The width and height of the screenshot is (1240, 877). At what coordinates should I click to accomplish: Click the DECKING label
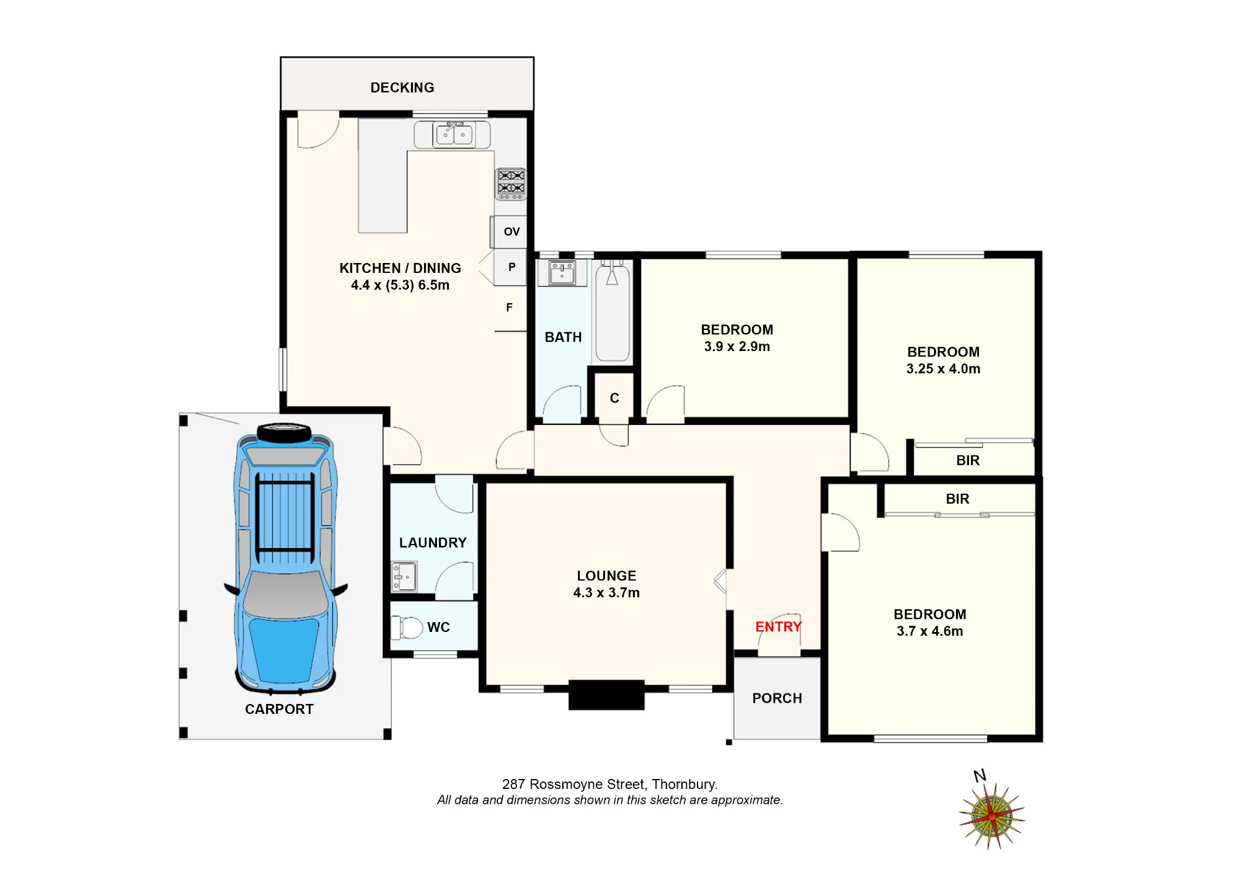click(x=402, y=87)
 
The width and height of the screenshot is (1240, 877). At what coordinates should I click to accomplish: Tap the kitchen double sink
click(x=453, y=135)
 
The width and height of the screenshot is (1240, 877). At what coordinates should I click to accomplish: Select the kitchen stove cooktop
click(x=511, y=184)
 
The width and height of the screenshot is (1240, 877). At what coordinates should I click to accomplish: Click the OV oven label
click(x=511, y=231)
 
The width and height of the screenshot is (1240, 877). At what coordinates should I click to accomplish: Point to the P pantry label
click(x=511, y=267)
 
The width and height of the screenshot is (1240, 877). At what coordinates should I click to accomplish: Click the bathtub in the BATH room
click(x=612, y=311)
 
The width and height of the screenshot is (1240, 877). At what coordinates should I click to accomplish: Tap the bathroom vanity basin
click(x=562, y=273)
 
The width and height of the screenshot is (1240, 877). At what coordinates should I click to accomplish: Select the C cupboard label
click(x=614, y=398)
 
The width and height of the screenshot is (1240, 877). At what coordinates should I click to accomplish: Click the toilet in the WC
click(x=407, y=627)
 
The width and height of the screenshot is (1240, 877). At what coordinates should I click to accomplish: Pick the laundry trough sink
click(x=404, y=577)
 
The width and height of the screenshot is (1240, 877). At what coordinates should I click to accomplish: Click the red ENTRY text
click(x=778, y=626)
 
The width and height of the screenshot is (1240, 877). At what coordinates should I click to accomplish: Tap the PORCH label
click(x=777, y=698)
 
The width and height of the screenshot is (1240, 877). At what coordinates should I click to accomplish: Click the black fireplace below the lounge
click(x=606, y=695)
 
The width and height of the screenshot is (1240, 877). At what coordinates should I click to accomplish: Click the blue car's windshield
click(x=285, y=594)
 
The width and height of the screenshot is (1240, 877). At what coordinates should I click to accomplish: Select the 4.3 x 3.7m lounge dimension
click(x=606, y=593)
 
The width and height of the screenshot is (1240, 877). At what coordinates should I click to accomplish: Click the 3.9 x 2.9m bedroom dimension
click(x=737, y=347)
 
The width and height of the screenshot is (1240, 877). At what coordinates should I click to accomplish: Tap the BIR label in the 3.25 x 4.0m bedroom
click(x=968, y=460)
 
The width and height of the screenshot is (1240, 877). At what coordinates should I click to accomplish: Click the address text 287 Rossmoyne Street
click(x=575, y=785)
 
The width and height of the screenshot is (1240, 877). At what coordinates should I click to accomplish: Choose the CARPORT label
click(x=279, y=709)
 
